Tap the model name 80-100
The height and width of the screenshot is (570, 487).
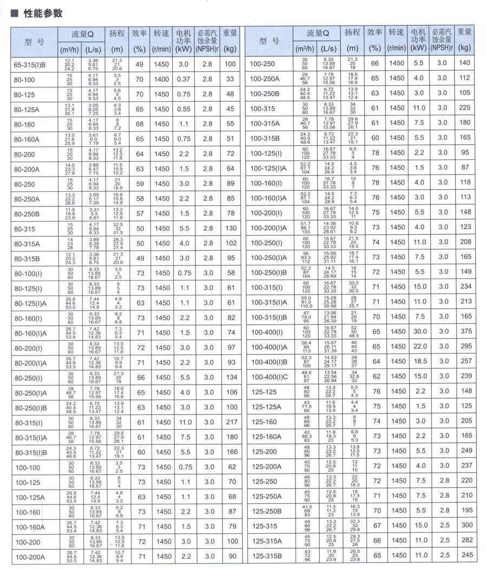pos(25,80)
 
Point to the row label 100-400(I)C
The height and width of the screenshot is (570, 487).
pos(269,377)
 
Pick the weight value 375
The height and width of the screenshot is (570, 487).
pos(465,332)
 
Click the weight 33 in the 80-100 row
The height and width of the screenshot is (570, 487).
pos(231,80)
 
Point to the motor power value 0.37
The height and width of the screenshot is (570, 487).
pos(183,80)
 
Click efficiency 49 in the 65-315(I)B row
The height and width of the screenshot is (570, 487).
pos(140,64)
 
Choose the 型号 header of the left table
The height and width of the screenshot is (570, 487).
pos(34,42)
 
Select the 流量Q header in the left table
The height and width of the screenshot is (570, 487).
pos(82,33)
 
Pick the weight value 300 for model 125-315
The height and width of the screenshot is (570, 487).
pos(465,526)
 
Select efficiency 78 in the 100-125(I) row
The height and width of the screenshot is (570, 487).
pos(375,153)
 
